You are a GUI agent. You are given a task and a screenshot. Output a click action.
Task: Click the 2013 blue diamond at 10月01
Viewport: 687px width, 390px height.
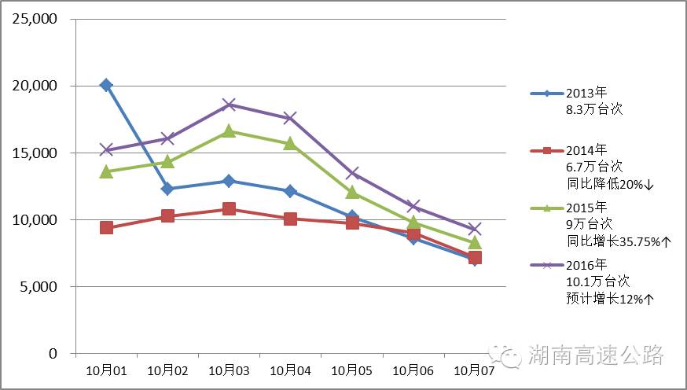(x=106, y=85)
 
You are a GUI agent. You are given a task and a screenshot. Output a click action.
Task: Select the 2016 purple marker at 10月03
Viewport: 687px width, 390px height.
(x=229, y=105)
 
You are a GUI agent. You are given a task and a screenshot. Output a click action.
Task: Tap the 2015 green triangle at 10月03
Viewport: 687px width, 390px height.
(x=229, y=131)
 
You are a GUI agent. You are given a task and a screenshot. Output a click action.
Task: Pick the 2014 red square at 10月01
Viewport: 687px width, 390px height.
(x=106, y=228)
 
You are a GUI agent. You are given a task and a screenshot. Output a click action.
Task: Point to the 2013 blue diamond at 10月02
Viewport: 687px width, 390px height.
(x=167, y=189)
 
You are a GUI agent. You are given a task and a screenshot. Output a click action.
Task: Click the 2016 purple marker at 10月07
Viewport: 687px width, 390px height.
(x=474, y=230)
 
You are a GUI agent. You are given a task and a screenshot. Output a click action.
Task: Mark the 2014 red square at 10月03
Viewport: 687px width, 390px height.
(x=229, y=209)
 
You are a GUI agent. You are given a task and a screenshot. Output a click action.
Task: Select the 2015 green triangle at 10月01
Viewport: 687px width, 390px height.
(x=106, y=171)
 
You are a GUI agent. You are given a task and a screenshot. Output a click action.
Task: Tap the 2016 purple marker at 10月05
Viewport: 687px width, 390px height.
(x=352, y=173)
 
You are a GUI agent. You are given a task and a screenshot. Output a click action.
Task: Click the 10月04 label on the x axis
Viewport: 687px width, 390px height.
(x=290, y=370)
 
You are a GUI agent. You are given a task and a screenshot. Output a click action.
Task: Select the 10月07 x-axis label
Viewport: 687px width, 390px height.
(x=474, y=370)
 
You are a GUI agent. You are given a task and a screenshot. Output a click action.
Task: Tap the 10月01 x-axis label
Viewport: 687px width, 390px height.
(x=106, y=370)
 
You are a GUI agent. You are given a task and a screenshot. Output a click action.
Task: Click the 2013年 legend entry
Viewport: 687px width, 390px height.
(x=585, y=94)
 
